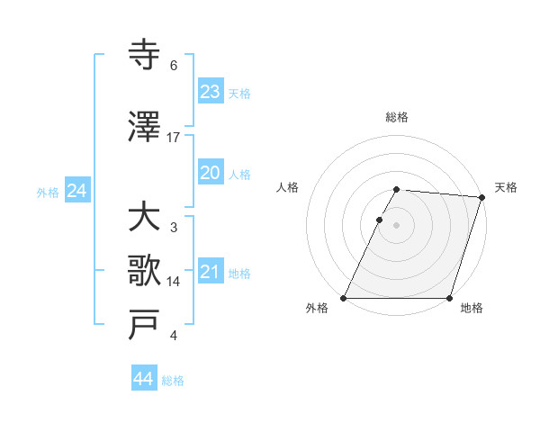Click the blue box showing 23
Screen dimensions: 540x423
click(210, 92)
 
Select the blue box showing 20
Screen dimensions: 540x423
click(210, 173)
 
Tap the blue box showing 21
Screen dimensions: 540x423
click(210, 272)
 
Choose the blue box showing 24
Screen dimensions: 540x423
click(76, 191)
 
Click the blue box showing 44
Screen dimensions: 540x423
click(143, 379)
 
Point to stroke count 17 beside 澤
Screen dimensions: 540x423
click(174, 137)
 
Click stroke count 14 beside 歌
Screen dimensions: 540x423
click(174, 281)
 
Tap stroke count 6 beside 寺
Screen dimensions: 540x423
click(174, 66)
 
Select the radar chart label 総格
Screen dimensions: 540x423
click(396, 117)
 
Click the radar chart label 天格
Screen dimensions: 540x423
click(506, 187)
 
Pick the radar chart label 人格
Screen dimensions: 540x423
click(287, 187)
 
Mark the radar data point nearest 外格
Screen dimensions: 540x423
click(344, 298)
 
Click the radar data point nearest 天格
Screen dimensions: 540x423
click(482, 197)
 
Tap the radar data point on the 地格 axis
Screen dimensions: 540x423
click(449, 298)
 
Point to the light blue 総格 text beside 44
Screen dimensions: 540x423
click(173, 381)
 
